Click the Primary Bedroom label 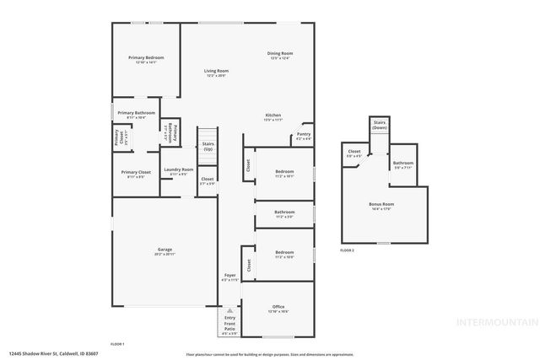pos(146,57)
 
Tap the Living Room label pos(216,71)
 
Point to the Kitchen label pos(273,115)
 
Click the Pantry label pos(304,135)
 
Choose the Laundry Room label pos(178,169)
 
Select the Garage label pos(165,250)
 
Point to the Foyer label pos(229,276)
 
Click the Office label pos(279,307)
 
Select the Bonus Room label pos(381,205)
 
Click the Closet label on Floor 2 pos(354,153)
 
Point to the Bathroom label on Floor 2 pos(402,163)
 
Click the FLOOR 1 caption pos(117,345)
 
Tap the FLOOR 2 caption pos(347,251)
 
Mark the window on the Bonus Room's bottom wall pos(383,244)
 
